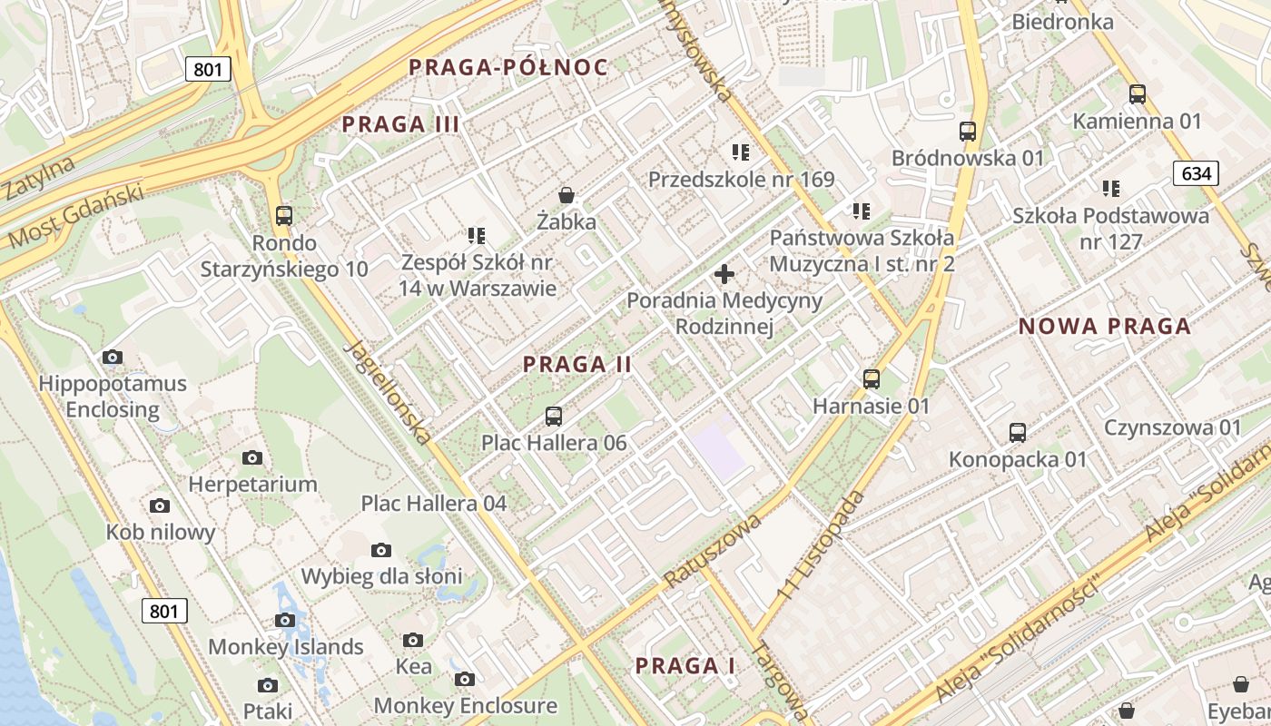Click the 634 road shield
point(1195,172)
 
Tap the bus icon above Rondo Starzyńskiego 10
point(284,216)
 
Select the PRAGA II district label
point(577,365)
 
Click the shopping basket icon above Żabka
point(567,195)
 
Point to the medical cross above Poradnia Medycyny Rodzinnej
point(724,273)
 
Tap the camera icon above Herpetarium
point(252,458)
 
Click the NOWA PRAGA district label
point(1104,327)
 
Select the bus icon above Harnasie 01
point(872,379)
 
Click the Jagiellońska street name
point(389,393)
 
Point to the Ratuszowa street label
point(712,551)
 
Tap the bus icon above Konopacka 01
point(1018,433)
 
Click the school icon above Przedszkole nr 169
point(741,152)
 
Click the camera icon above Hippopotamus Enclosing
point(113,358)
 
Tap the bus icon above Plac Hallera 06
point(554,417)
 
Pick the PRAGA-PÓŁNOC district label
point(507,67)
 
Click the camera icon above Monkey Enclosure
point(465,680)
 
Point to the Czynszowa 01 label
point(1172,427)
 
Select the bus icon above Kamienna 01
point(1138,94)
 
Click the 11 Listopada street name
point(819,544)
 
